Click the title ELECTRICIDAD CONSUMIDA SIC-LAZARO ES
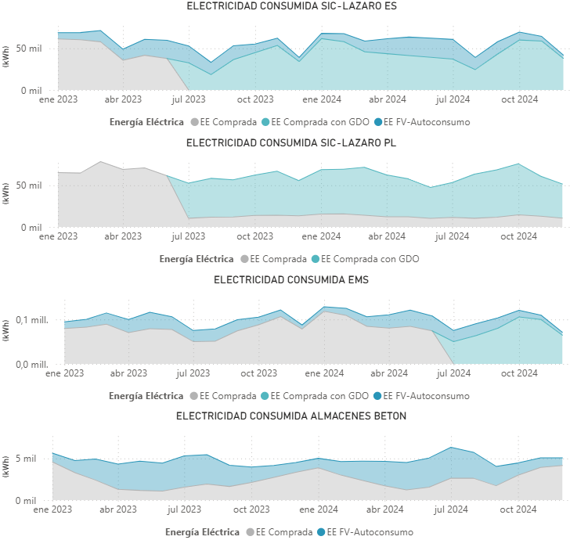(284, 6)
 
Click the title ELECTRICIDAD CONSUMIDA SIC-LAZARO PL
(284, 142)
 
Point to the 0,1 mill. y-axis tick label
(33, 321)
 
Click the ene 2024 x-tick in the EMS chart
(323, 373)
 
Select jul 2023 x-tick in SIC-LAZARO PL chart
(188, 236)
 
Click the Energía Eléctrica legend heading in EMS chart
(146, 396)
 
